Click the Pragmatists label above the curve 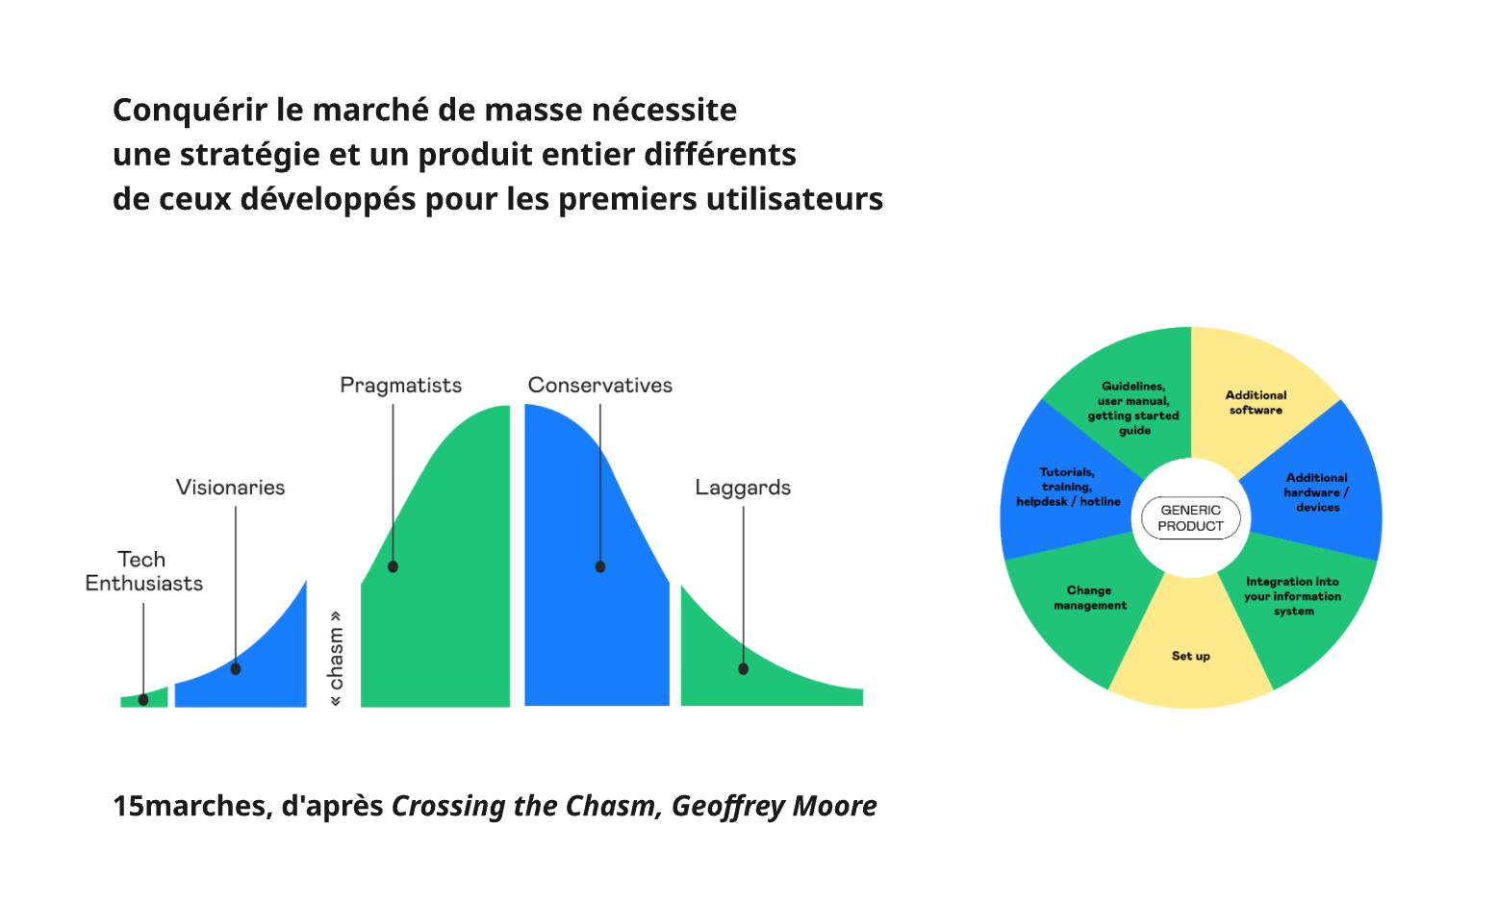(400, 386)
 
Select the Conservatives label (599, 386)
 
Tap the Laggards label (743, 488)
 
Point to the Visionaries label (230, 488)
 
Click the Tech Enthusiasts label (143, 571)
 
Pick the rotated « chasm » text (336, 659)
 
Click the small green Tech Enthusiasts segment (154, 697)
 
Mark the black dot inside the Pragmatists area (393, 567)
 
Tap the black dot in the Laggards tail (743, 668)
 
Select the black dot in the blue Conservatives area (600, 567)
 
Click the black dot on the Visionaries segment (236, 668)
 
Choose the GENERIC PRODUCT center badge (1190, 518)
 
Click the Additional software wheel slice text (1256, 403)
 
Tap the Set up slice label (1190, 656)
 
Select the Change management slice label (1089, 598)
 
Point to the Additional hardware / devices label (1316, 492)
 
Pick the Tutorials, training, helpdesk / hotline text (1068, 487)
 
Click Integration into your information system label (1292, 596)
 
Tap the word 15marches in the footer (190, 806)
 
